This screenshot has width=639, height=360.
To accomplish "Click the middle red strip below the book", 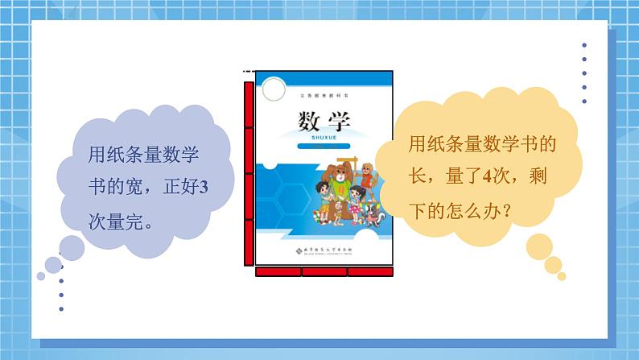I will click(x=325, y=272).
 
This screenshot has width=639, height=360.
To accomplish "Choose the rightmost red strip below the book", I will click(x=371, y=272).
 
